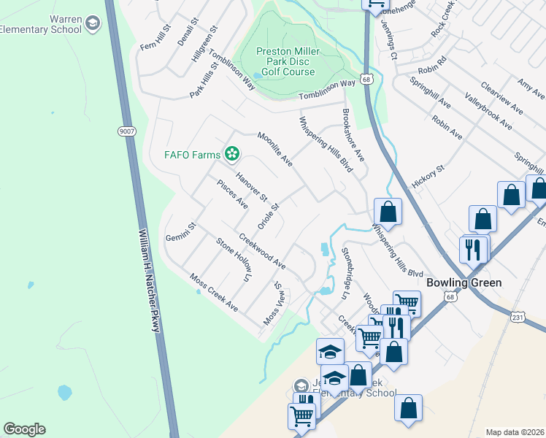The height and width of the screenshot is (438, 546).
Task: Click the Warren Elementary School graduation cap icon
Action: pos(92,24)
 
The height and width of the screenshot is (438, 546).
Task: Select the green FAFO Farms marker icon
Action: pos(231,153)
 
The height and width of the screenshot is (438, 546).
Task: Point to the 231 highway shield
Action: pos(518,318)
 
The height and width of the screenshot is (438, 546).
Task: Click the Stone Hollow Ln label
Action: pos(233,261)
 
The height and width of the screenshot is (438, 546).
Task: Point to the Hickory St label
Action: pos(430,177)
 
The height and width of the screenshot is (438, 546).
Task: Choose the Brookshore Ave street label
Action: pos(353,136)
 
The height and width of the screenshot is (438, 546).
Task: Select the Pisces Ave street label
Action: pos(233,193)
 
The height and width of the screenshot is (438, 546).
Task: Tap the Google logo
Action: pos(24,429)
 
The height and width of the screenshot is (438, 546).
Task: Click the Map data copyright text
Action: pos(514,432)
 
